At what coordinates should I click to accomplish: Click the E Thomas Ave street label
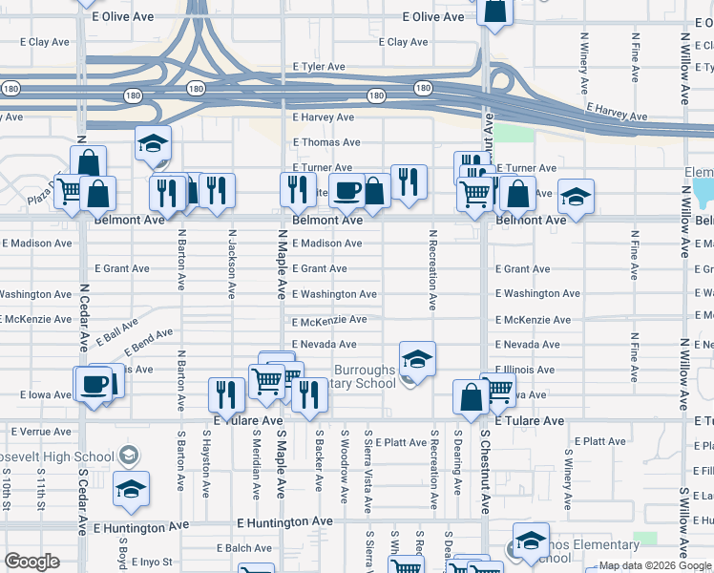(325, 142)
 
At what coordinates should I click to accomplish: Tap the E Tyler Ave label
(319, 67)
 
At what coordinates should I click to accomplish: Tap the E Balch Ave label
(244, 548)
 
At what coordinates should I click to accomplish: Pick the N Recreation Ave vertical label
(432, 269)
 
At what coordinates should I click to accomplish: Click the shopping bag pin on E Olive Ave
(496, 11)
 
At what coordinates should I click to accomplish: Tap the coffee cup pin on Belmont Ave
(346, 190)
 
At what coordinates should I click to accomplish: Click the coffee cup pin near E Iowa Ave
(94, 384)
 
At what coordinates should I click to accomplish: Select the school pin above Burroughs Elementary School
(417, 359)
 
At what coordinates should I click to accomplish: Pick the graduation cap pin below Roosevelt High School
(132, 489)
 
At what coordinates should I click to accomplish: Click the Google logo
(31, 562)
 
